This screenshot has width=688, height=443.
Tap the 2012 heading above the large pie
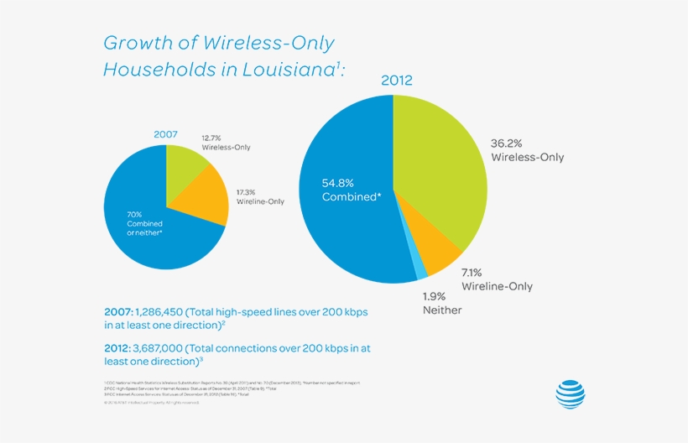pyautogui.click(x=398, y=81)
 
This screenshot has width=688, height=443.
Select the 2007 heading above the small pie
pyautogui.click(x=166, y=134)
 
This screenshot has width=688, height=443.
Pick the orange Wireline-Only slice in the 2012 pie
pyautogui.click(x=433, y=252)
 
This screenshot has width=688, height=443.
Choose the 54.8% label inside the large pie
pyautogui.click(x=339, y=182)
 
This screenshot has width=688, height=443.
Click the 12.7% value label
pyautogui.click(x=213, y=137)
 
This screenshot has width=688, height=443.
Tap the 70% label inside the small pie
pyautogui.click(x=134, y=214)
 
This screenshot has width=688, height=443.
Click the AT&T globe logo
pyautogui.click(x=570, y=393)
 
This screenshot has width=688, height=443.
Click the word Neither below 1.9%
pyautogui.click(x=442, y=310)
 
